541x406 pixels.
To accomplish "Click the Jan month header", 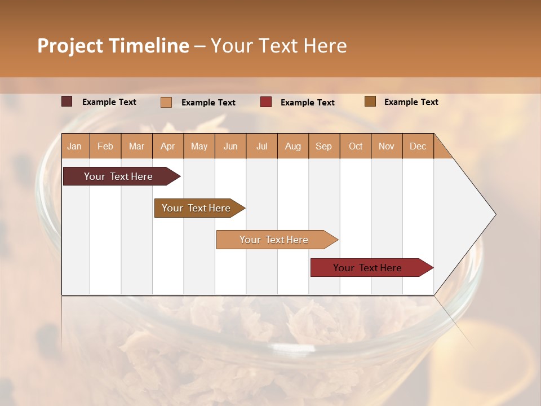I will pyautogui.click(x=74, y=147).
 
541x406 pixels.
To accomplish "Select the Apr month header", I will pyautogui.click(x=167, y=147).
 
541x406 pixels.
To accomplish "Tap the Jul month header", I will pyautogui.click(x=261, y=147).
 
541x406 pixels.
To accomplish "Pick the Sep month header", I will pyautogui.click(x=323, y=147).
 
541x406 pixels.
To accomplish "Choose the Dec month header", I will pyautogui.click(x=418, y=147).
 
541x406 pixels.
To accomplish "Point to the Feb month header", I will pyautogui.click(x=105, y=147).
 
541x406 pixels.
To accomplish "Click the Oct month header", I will pyautogui.click(x=356, y=147).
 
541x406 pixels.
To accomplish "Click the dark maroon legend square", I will pyautogui.click(x=67, y=101).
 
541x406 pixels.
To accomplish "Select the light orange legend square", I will pyautogui.click(x=166, y=102).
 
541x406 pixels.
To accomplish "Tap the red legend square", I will pyautogui.click(x=266, y=102).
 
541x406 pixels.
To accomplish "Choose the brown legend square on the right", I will pyautogui.click(x=370, y=101).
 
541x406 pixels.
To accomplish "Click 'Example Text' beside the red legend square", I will pyautogui.click(x=307, y=103).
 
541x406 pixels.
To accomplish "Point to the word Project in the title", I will pyautogui.click(x=70, y=46).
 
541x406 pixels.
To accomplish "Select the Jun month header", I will pyautogui.click(x=230, y=147).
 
